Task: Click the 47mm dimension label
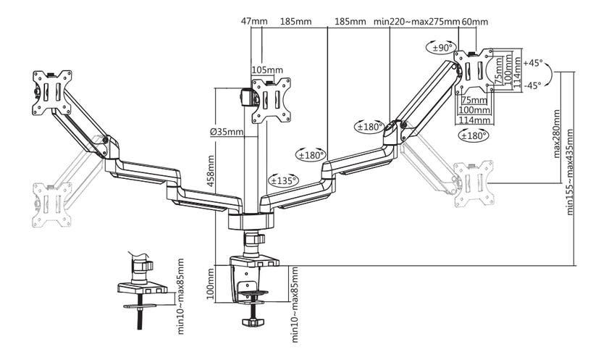(251, 22)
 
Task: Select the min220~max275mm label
(416, 22)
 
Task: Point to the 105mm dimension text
(264, 70)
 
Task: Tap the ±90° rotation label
(440, 48)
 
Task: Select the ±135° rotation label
(283, 180)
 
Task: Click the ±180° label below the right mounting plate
(474, 135)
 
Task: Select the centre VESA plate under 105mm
(269, 100)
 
